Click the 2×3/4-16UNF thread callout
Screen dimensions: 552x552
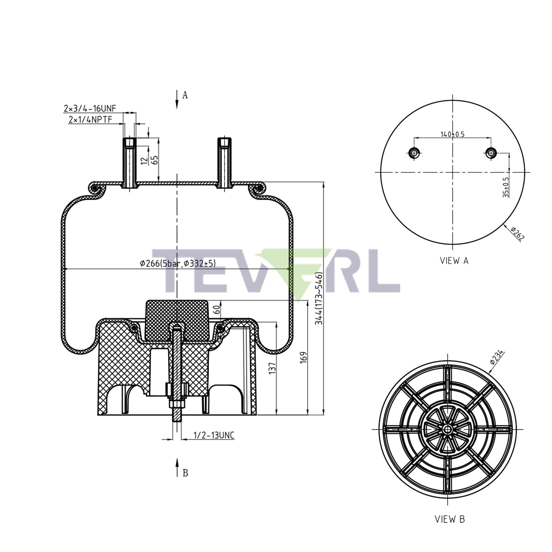click(x=90, y=108)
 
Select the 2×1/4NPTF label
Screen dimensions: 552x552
click(x=90, y=120)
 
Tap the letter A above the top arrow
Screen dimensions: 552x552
click(x=185, y=95)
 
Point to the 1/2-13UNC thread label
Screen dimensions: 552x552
click(x=214, y=436)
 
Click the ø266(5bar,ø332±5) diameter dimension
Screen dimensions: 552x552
click(x=178, y=263)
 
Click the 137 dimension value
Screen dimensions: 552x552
click(x=273, y=368)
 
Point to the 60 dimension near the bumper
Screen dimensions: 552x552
click(x=217, y=310)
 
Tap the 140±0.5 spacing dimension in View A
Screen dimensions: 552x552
click(x=452, y=134)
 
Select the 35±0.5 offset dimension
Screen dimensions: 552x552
click(x=506, y=187)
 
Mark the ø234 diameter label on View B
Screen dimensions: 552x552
click(x=497, y=357)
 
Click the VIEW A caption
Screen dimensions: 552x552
click(x=454, y=261)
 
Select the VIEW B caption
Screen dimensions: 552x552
click(x=450, y=519)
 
